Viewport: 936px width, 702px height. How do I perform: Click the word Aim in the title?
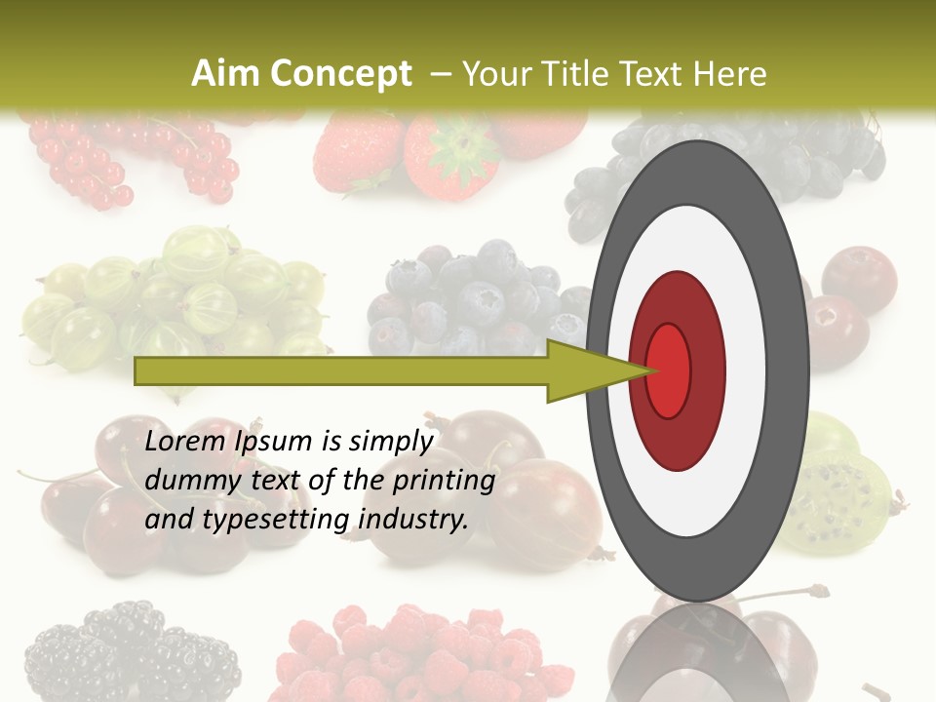click(219, 74)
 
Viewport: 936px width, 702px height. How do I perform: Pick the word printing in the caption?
click(444, 482)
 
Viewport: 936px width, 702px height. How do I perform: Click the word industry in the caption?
click(414, 520)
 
